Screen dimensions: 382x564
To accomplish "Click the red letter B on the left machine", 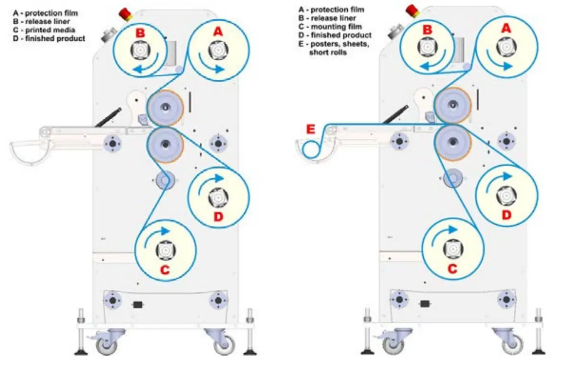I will [140, 32].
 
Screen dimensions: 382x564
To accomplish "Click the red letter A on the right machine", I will [506, 28].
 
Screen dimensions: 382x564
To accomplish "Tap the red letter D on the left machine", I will [218, 216].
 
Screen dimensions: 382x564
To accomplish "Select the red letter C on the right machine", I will [452, 269].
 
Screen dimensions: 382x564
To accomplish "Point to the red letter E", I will [310, 130].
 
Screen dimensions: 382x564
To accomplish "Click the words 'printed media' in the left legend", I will [50, 30].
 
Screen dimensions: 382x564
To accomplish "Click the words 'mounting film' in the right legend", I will [336, 27].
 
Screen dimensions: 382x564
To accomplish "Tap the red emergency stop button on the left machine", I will [125, 14].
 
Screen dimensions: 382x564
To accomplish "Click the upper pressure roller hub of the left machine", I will [165, 108].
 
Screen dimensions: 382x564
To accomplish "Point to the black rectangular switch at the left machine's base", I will [138, 305].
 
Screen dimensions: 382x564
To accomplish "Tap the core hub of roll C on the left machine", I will [165, 251].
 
